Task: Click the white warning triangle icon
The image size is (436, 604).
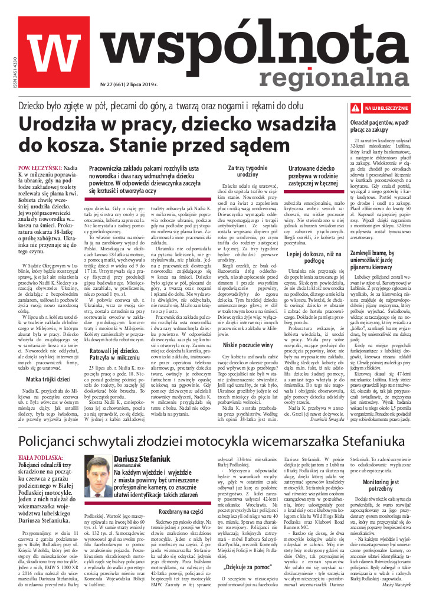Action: click(x=355, y=109)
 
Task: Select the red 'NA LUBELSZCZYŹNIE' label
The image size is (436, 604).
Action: click(x=386, y=109)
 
